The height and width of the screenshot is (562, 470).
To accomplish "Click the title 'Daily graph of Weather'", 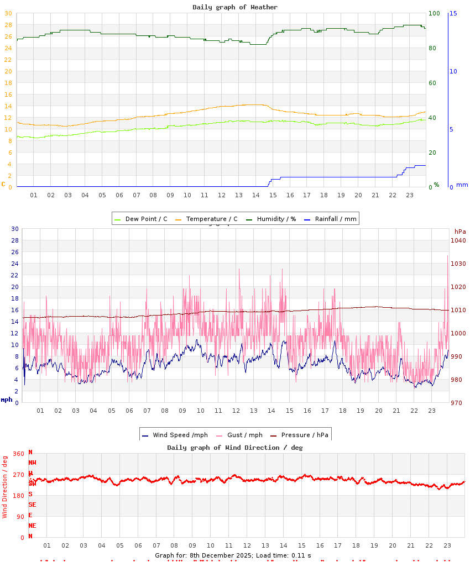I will coord(235,7).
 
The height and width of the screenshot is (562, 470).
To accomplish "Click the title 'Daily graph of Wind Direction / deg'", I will coord(235,448).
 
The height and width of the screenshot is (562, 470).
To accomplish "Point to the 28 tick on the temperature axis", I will coord(8,25).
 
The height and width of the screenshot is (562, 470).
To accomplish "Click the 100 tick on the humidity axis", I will coord(434,13).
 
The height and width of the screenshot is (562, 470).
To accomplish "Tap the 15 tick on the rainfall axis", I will coord(453,13).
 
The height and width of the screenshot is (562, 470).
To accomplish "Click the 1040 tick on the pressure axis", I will coord(458,240).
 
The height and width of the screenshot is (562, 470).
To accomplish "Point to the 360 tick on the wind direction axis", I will coord(18,454).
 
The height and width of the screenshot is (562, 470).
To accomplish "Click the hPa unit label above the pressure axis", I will coord(460,232).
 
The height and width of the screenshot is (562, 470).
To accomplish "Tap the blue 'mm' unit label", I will coord(462,185).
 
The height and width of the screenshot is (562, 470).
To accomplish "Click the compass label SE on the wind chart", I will coord(32,505).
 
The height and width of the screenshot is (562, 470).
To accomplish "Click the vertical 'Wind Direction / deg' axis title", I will coord(5,486).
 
